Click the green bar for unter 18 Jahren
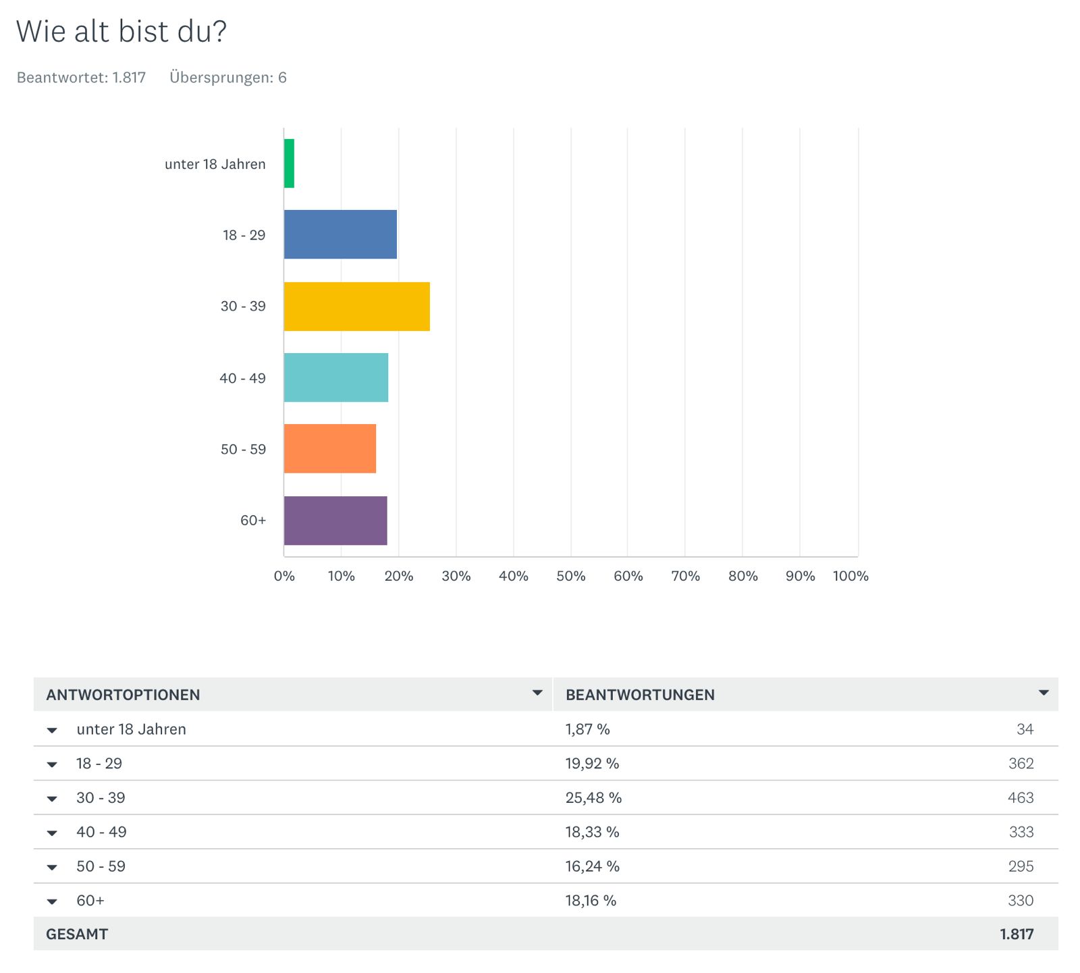click(x=289, y=163)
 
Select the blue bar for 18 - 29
click(x=340, y=234)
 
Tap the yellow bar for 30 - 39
click(x=356, y=307)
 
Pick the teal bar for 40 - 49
click(x=335, y=377)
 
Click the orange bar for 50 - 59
click(x=329, y=448)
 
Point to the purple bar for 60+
click(x=335, y=521)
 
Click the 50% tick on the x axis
click(x=570, y=576)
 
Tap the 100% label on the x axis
click(x=850, y=576)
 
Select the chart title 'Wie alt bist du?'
click(x=122, y=31)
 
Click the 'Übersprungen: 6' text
click(x=228, y=78)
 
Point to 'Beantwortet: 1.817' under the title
click(x=81, y=78)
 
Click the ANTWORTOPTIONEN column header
click(x=123, y=695)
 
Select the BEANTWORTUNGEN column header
click(x=640, y=695)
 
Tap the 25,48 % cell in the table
click(x=593, y=797)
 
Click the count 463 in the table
click(x=1020, y=797)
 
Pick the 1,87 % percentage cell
click(x=587, y=729)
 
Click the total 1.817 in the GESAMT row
click(x=1017, y=934)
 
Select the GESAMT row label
click(x=77, y=934)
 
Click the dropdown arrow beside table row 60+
click(x=52, y=901)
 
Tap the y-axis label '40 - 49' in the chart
click(x=242, y=378)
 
